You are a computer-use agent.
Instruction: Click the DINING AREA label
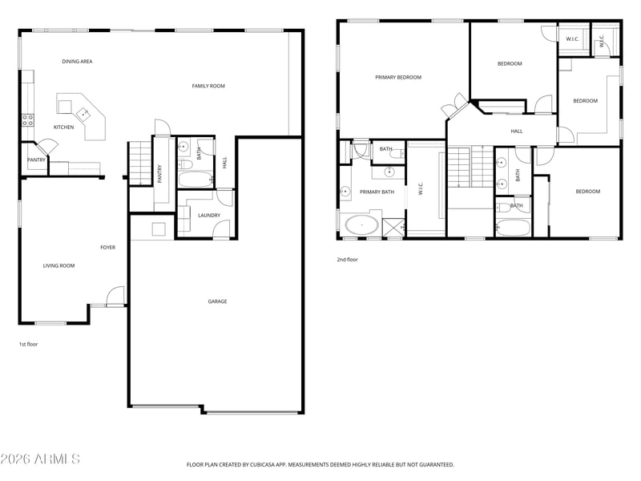point(77,62)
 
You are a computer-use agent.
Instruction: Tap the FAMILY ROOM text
point(208,86)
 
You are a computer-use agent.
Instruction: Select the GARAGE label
point(217,301)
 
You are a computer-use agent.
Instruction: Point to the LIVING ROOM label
point(58,266)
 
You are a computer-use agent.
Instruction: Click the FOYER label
point(108,248)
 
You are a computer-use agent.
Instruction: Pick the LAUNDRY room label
point(209,215)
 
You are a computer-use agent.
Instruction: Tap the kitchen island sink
point(83,113)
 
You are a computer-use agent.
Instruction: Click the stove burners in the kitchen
point(28,119)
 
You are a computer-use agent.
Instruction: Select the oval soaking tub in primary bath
point(361,225)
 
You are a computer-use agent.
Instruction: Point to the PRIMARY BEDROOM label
point(398,77)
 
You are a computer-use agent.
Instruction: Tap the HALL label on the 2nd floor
point(517,131)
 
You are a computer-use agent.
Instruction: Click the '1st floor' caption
point(28,345)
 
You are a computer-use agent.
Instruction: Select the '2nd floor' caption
point(348,260)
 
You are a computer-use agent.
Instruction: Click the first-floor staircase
point(140,164)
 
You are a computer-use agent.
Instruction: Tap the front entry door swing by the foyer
point(115,295)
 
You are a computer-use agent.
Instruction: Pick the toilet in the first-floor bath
point(186,164)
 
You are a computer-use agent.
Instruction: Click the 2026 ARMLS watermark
point(40,459)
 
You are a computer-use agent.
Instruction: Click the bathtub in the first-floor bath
point(196,180)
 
